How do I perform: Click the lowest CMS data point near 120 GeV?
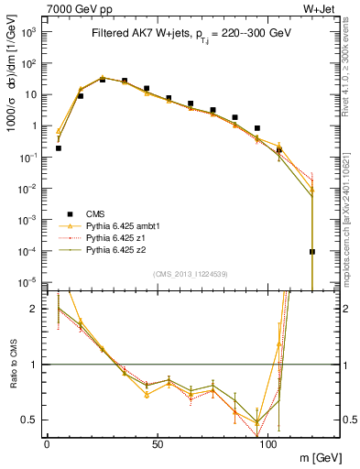[x=312, y=251]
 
